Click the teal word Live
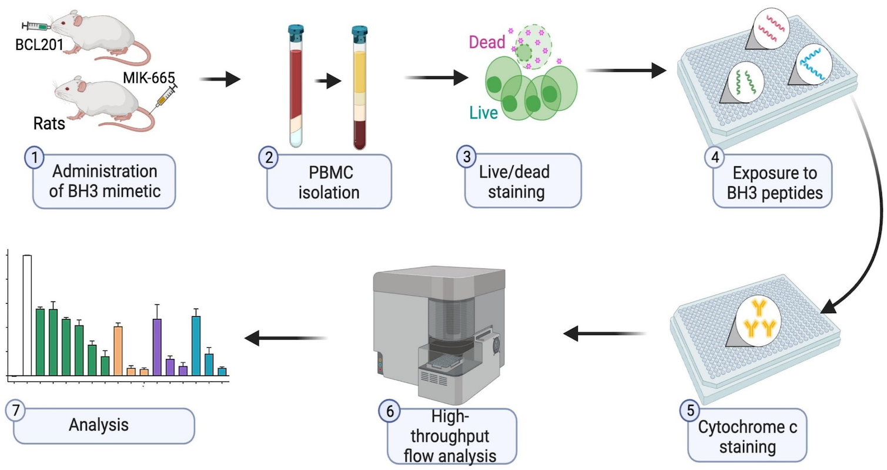(x=483, y=113)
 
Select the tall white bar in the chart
(x=27, y=315)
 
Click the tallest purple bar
(x=157, y=346)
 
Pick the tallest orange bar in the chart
(x=118, y=350)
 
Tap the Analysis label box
(x=103, y=425)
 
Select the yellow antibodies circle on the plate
(x=756, y=318)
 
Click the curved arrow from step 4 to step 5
(x=876, y=211)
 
